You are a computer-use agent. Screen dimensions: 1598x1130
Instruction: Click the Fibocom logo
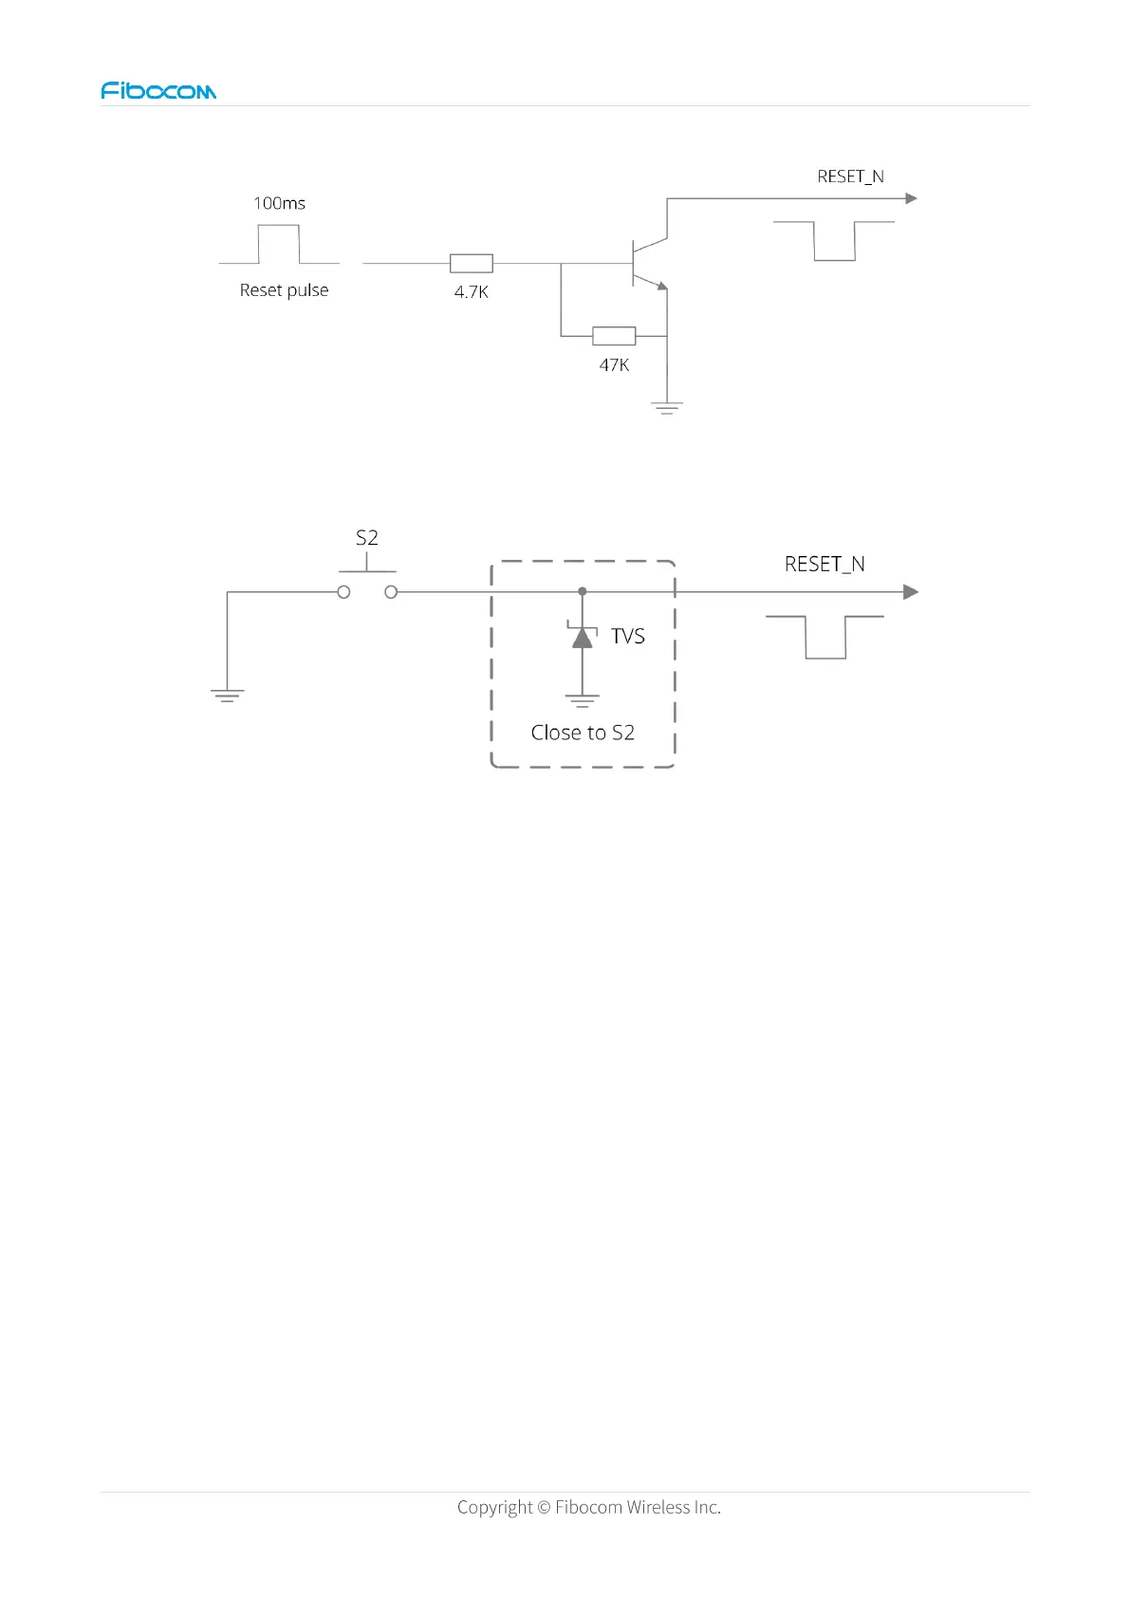pos(158,91)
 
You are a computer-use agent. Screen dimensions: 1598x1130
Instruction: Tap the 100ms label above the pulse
pos(279,203)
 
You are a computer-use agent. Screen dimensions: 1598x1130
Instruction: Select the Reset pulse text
pos(284,290)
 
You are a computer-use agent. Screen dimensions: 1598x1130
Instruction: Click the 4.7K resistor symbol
pos(471,264)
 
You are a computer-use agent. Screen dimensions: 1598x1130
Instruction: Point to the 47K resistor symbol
pos(614,336)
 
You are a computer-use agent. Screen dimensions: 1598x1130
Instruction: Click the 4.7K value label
pos(471,292)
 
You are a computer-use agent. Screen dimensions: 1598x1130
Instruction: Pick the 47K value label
pos(614,365)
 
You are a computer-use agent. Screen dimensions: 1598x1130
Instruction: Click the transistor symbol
pos(647,264)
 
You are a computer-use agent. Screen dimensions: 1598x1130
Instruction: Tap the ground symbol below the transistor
pos(667,409)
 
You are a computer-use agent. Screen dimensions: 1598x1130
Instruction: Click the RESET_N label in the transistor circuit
pos(850,177)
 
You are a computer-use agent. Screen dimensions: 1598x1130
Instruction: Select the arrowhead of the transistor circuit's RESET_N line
pos(911,198)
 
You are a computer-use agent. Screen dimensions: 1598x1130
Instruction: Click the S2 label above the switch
pos(367,538)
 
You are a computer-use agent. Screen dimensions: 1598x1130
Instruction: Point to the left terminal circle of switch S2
pos(343,592)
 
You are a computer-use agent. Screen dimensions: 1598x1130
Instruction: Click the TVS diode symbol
pos(583,636)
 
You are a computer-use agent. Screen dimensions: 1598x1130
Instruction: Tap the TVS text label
pos(627,636)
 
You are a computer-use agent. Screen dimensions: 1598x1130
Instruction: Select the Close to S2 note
pos(583,733)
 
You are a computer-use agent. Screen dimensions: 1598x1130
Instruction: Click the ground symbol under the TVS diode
pos(583,701)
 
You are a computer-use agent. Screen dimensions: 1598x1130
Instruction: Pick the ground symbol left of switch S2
pos(228,696)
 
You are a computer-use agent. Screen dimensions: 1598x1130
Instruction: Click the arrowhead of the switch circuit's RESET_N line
pos(911,592)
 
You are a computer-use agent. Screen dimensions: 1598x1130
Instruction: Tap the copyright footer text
pos(588,1507)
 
